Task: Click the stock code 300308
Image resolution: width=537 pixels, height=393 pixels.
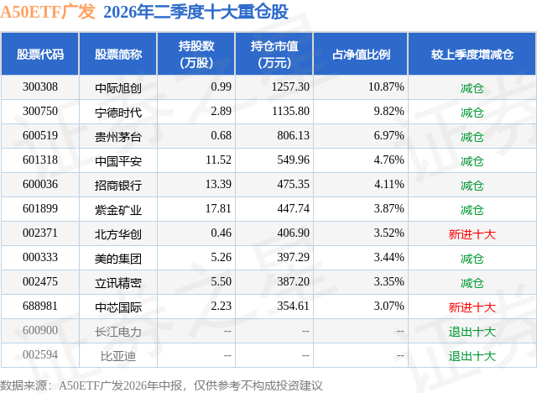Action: pyautogui.click(x=40, y=87)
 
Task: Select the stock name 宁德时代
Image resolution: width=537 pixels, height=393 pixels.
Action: pyautogui.click(x=118, y=113)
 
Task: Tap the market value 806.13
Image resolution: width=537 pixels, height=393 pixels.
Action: pyautogui.click(x=293, y=136)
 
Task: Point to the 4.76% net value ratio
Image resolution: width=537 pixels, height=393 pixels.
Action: pyautogui.click(x=388, y=160)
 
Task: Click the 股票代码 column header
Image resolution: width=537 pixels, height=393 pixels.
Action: pyautogui.click(x=40, y=54)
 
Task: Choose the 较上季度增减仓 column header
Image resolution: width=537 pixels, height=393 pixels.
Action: pyautogui.click(x=472, y=54)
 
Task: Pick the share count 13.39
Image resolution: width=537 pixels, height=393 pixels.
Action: pyautogui.click(x=218, y=185)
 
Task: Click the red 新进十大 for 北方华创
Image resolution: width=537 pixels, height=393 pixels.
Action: pyautogui.click(x=472, y=234)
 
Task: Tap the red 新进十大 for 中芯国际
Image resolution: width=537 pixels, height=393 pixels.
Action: pyautogui.click(x=472, y=307)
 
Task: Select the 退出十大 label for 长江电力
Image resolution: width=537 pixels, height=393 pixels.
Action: pyautogui.click(x=472, y=332)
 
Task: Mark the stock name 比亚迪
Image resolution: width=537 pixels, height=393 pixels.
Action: pyautogui.click(x=118, y=356)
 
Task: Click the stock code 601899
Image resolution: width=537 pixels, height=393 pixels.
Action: pyautogui.click(x=40, y=208)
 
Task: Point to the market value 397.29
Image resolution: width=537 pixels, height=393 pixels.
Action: pyautogui.click(x=293, y=257)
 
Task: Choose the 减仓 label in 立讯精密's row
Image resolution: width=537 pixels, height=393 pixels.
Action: pyautogui.click(x=472, y=283)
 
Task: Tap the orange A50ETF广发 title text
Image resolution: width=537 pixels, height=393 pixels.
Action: pyautogui.click(x=48, y=12)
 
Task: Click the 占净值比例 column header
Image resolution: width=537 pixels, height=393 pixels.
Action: pyautogui.click(x=361, y=54)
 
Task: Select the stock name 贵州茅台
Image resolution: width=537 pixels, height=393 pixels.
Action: pyautogui.click(x=118, y=137)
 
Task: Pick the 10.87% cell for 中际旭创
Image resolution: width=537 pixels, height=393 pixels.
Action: pyautogui.click(x=386, y=87)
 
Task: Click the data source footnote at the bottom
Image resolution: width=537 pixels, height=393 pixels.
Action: pyautogui.click(x=161, y=385)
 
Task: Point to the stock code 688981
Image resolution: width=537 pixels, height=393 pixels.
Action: pyautogui.click(x=40, y=306)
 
